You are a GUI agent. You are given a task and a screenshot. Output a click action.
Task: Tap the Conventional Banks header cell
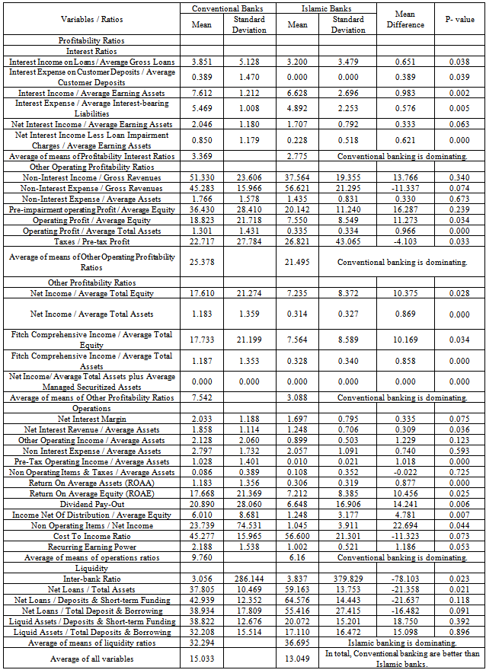225,8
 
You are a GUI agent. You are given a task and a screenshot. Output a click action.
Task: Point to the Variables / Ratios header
91,19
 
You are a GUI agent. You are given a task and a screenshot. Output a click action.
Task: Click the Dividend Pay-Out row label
91,504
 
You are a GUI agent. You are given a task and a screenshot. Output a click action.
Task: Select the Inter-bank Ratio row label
91,579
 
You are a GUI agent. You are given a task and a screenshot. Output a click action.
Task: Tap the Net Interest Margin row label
91,419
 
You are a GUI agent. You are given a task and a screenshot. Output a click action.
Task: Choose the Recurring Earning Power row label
91,547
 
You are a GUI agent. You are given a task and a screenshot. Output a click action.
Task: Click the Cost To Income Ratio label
91,536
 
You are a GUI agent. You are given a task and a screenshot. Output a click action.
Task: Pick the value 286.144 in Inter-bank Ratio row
249,579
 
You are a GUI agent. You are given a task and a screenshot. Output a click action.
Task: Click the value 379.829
349,579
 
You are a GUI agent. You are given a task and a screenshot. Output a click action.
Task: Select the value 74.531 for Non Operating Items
249,525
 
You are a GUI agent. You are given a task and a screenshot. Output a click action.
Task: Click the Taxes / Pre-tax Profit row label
91,242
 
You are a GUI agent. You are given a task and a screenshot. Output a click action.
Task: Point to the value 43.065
349,242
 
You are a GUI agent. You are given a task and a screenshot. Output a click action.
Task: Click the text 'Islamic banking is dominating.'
401,643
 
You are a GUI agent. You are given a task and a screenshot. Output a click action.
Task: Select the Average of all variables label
91,659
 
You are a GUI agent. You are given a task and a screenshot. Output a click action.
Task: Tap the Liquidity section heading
91,568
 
